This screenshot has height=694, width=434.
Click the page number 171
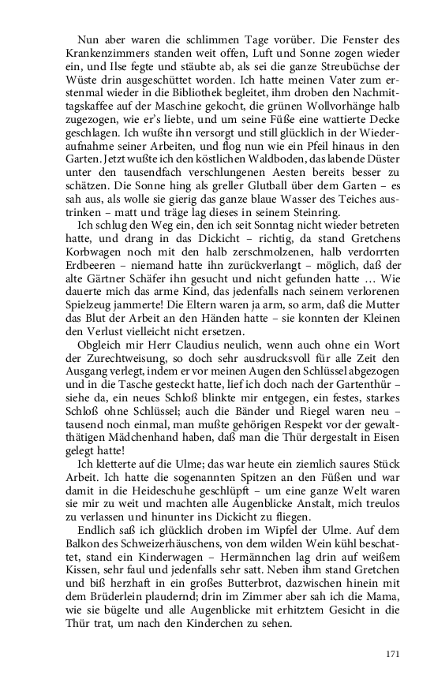pos(394,653)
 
